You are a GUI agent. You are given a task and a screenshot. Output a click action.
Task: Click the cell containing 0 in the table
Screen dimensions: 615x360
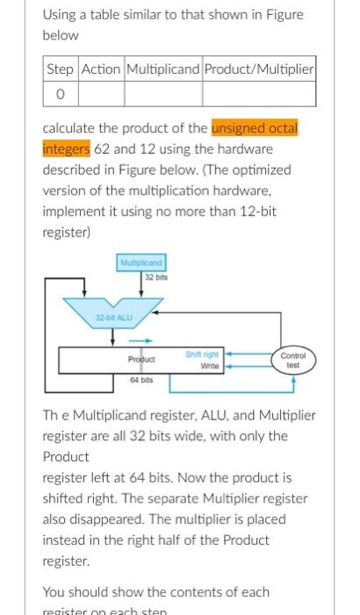61,91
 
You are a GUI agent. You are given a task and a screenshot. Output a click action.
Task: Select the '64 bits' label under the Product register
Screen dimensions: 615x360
141,381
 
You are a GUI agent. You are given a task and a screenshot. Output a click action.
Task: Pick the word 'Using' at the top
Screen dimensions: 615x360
60,15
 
